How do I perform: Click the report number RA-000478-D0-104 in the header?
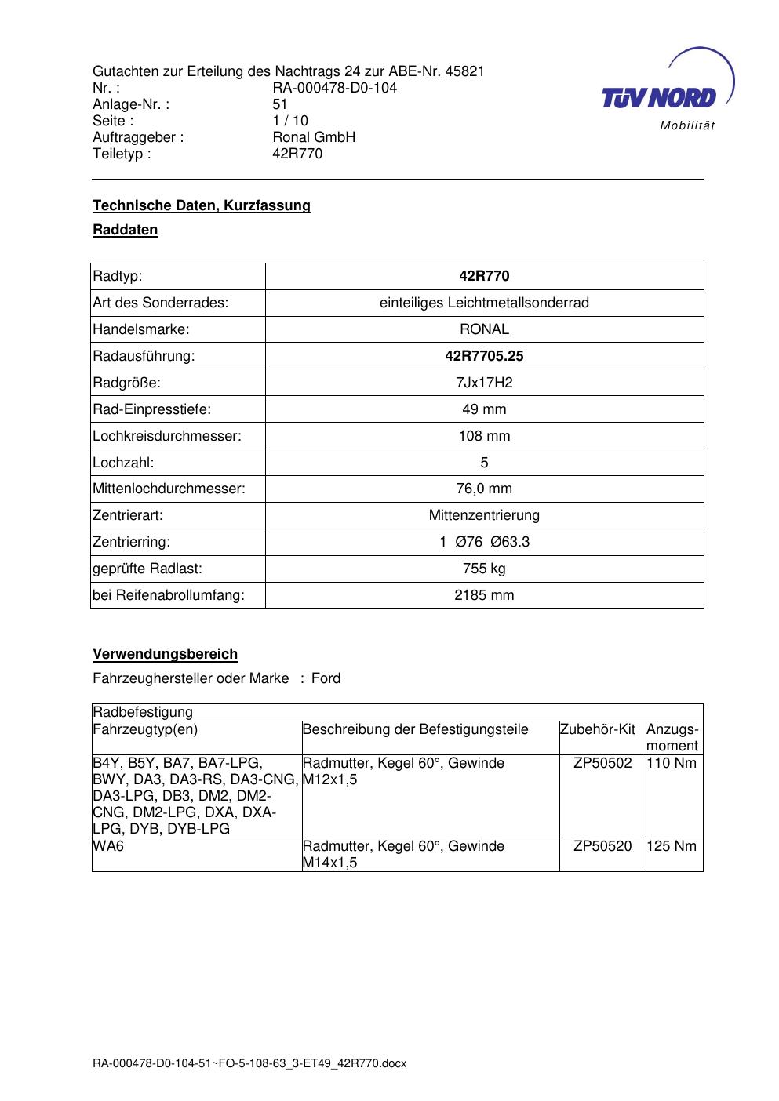click(x=334, y=88)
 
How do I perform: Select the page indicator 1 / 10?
click(x=290, y=121)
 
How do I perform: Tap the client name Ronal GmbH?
click(x=314, y=137)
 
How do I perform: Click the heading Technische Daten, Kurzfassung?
click(x=202, y=205)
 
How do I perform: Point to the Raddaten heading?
click(x=126, y=230)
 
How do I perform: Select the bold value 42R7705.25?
click(x=484, y=356)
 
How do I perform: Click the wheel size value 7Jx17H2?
click(x=484, y=383)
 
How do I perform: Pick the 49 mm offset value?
click(x=484, y=409)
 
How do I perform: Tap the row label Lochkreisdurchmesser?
click(x=167, y=436)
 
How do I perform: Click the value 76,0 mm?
click(x=484, y=489)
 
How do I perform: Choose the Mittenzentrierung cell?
click(x=484, y=515)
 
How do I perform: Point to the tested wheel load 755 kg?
click(x=484, y=569)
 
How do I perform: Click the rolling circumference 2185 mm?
click(x=484, y=595)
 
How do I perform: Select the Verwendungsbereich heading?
click(x=165, y=654)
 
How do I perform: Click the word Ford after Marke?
click(x=326, y=678)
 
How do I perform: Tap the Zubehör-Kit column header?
click(x=598, y=730)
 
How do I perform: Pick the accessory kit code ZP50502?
click(x=602, y=763)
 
